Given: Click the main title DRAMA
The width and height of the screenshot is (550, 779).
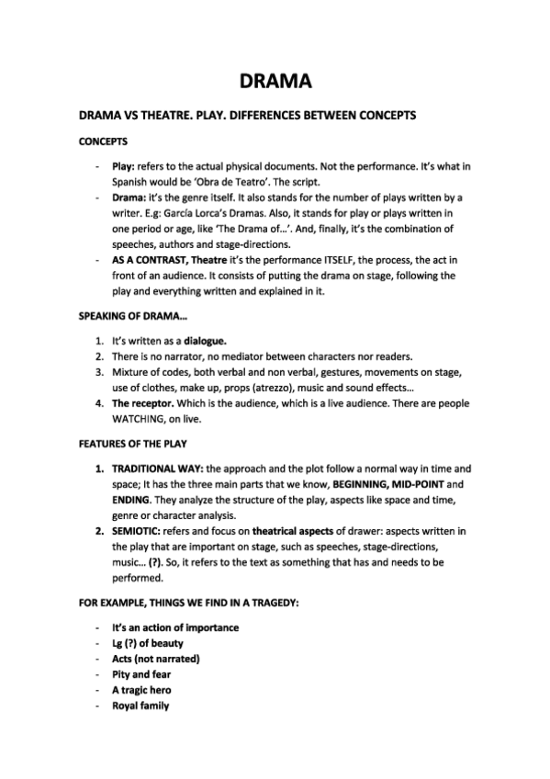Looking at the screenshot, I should coord(275,81).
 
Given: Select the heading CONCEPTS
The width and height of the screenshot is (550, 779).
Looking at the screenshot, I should coord(103,141).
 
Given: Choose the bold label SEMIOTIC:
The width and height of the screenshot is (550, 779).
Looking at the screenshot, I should coord(140,531).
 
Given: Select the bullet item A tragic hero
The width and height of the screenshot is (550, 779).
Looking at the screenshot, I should coord(140,689).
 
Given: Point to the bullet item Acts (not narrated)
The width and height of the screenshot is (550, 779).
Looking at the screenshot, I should coord(155,658).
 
